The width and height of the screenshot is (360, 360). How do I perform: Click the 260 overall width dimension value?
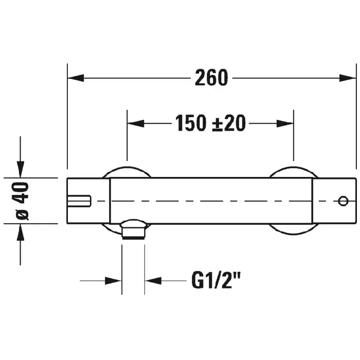coord(211,78)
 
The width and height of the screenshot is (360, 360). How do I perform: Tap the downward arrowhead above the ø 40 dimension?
coord(20,169)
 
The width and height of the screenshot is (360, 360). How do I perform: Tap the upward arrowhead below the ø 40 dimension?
coord(20,233)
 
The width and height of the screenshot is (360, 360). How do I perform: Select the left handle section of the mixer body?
coord(88,201)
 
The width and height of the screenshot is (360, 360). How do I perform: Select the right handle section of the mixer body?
coord(334,201)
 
